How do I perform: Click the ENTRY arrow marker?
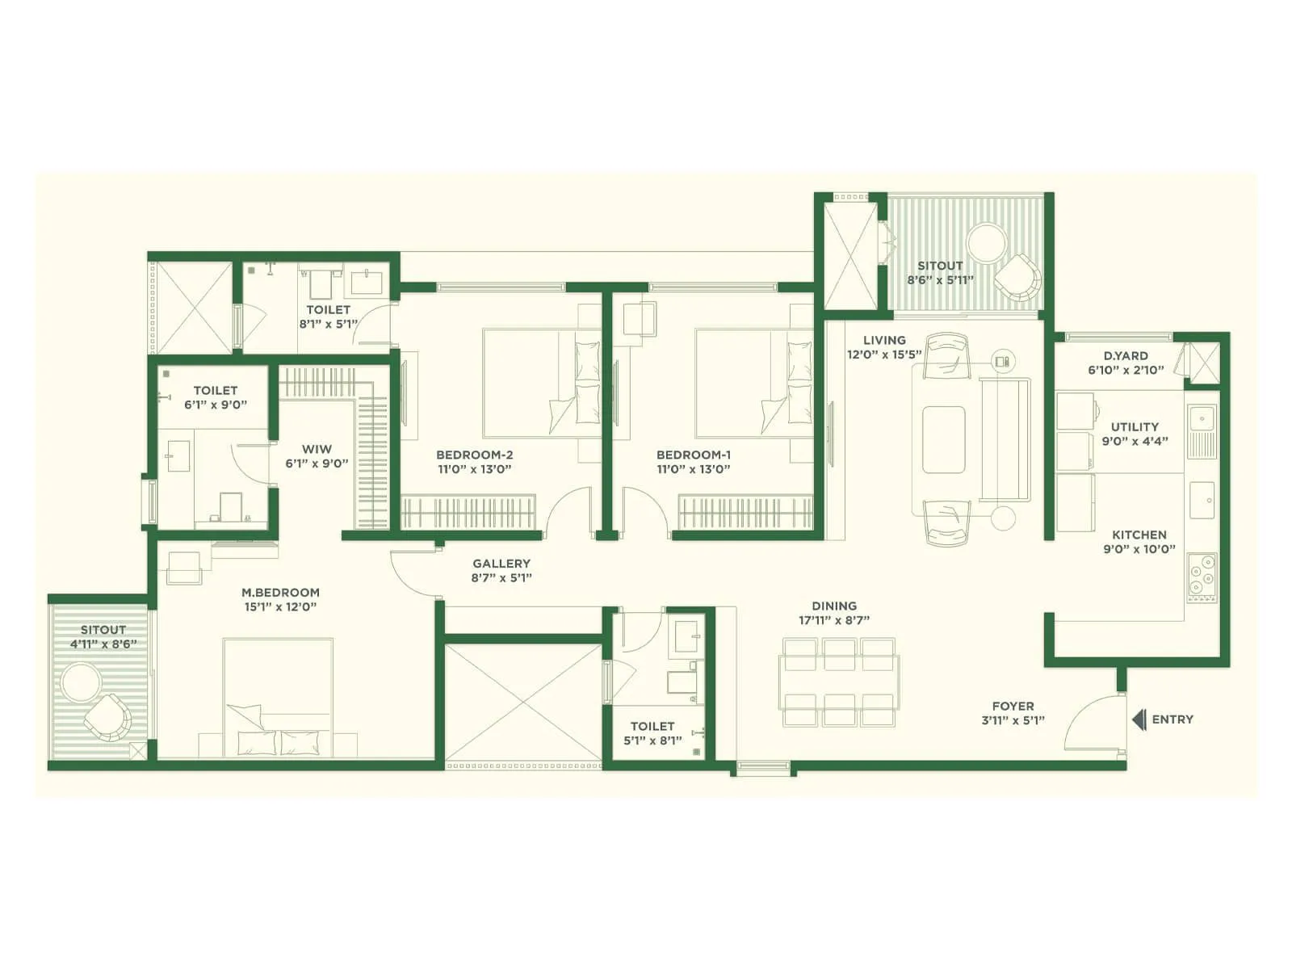1139,719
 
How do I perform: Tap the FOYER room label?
1013,706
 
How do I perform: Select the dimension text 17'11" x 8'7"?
834,621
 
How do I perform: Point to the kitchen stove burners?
1202,571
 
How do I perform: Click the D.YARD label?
1126,355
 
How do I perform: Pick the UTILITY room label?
1135,426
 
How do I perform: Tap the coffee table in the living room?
943,439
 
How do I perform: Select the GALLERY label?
501,564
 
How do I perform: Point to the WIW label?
317,449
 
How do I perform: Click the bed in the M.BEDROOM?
278,694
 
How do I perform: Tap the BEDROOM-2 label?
474,455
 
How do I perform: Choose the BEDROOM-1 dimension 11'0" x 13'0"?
694,469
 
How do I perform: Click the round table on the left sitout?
81,682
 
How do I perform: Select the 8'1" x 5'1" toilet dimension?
328,324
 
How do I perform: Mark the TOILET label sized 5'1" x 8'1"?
652,726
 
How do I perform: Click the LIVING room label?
883,340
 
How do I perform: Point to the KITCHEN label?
1139,535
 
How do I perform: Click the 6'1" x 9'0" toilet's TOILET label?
216,390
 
